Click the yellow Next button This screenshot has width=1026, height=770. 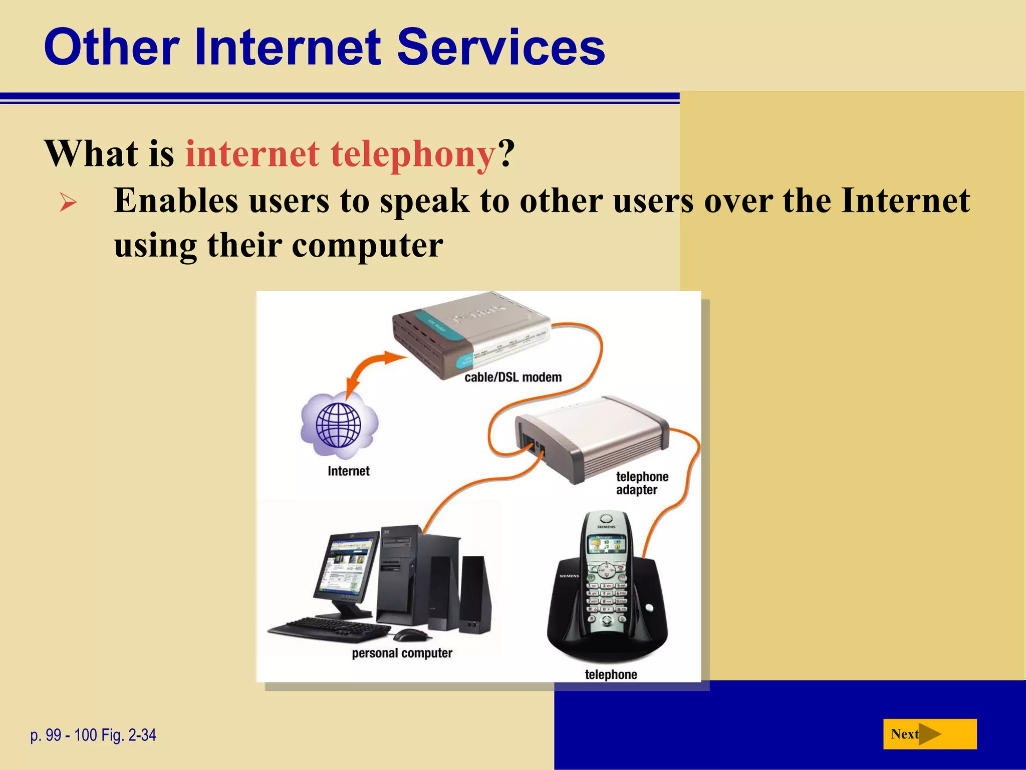click(x=929, y=734)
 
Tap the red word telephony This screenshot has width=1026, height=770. click(x=413, y=154)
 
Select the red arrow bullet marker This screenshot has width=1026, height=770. click(x=68, y=203)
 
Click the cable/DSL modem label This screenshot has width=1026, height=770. click(x=512, y=377)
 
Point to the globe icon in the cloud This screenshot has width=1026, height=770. click(x=339, y=425)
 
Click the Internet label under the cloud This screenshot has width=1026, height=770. click(x=348, y=471)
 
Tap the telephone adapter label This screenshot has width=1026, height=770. click(x=641, y=483)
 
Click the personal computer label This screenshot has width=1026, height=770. click(x=402, y=653)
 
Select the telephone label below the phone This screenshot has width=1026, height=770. click(x=611, y=674)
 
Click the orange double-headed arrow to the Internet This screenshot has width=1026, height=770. click(x=371, y=371)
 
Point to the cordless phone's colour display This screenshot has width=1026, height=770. click(x=606, y=544)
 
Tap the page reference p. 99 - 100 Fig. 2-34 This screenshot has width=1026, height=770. click(x=93, y=735)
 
